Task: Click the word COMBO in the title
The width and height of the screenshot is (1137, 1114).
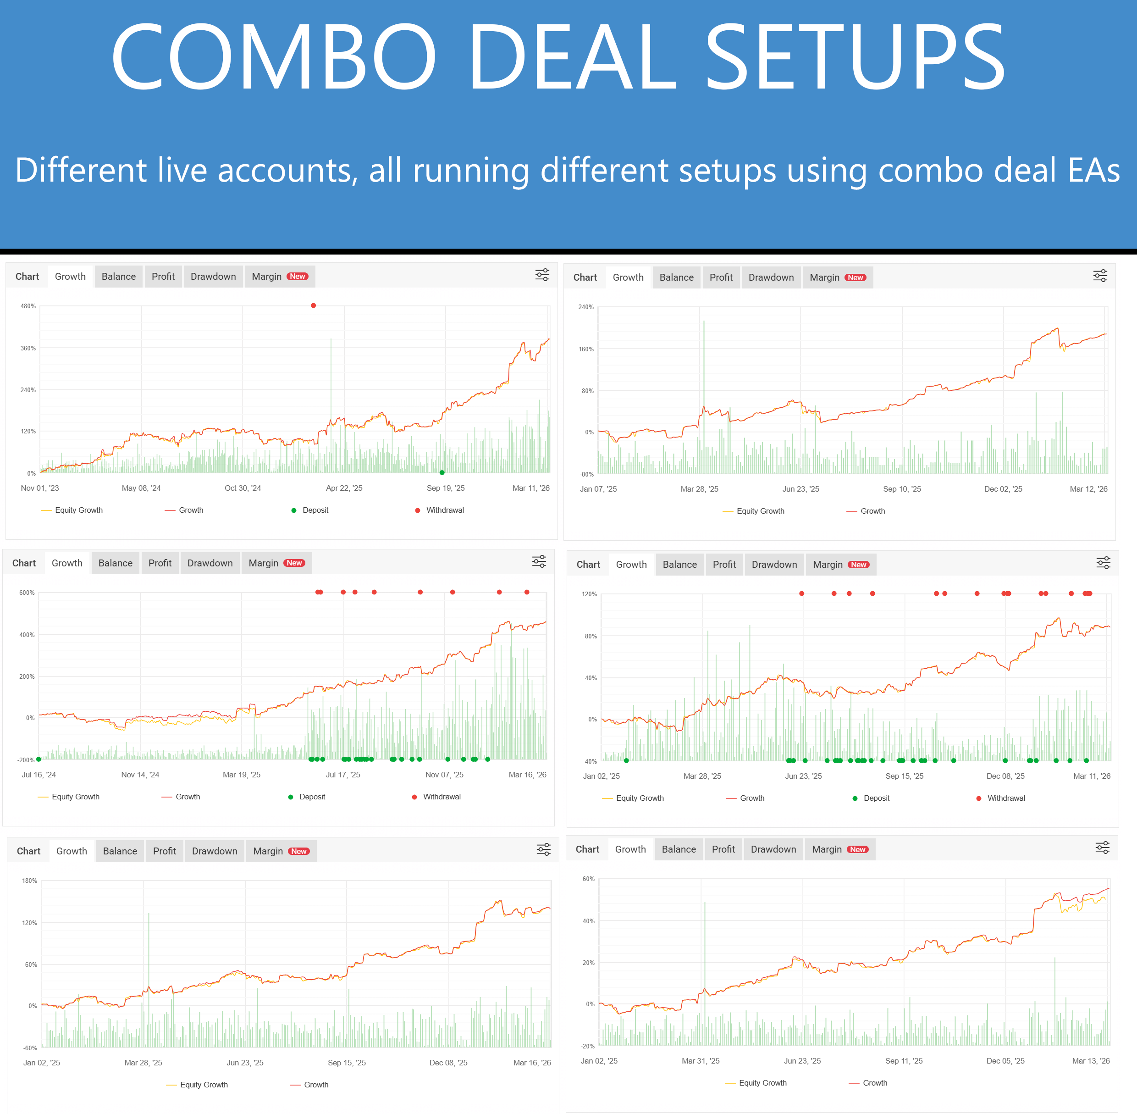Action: [274, 57]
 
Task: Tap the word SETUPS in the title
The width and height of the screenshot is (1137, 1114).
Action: [855, 57]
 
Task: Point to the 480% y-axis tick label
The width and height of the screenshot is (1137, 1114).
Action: [28, 306]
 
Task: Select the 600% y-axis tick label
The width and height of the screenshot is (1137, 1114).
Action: [27, 593]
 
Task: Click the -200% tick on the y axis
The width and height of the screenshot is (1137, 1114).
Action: [26, 760]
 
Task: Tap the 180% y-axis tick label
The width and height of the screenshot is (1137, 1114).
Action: [29, 881]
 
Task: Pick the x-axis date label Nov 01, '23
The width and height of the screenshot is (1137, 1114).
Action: [40, 488]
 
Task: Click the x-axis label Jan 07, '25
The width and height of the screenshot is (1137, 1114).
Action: [598, 489]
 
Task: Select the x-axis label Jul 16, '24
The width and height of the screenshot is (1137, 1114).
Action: [39, 775]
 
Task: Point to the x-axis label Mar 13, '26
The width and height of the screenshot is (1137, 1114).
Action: [1091, 1061]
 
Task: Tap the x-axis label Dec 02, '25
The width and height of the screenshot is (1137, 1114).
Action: [1003, 489]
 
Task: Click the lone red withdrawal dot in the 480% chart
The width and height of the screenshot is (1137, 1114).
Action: [314, 305]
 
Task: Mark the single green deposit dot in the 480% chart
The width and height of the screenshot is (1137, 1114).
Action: [442, 473]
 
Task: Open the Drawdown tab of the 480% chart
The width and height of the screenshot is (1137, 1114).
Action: [213, 276]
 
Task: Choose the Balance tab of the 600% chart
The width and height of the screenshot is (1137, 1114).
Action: [115, 563]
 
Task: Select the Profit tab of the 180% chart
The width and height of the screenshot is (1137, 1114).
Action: [164, 851]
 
